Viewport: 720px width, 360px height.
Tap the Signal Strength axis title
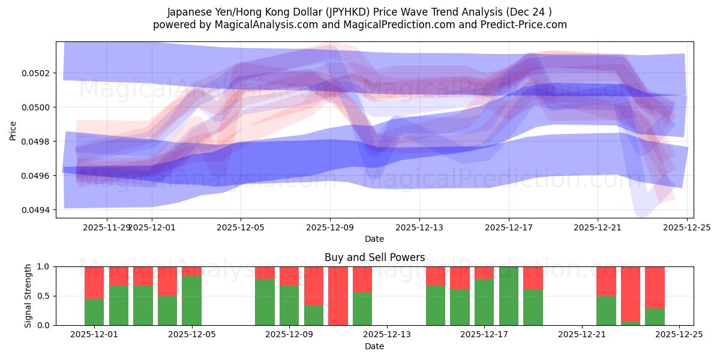(28, 296)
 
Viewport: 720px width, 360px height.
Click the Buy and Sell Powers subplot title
(374, 257)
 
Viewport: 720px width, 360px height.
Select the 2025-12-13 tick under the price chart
(419, 227)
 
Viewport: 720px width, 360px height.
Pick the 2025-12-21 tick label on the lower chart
(582, 335)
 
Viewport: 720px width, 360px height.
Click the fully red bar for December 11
(338, 296)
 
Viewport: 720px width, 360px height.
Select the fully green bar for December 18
(509, 296)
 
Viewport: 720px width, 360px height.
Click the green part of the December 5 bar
(191, 301)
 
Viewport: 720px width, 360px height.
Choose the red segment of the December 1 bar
(94, 282)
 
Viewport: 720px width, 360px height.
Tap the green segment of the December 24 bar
(655, 317)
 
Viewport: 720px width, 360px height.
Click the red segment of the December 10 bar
(314, 286)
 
